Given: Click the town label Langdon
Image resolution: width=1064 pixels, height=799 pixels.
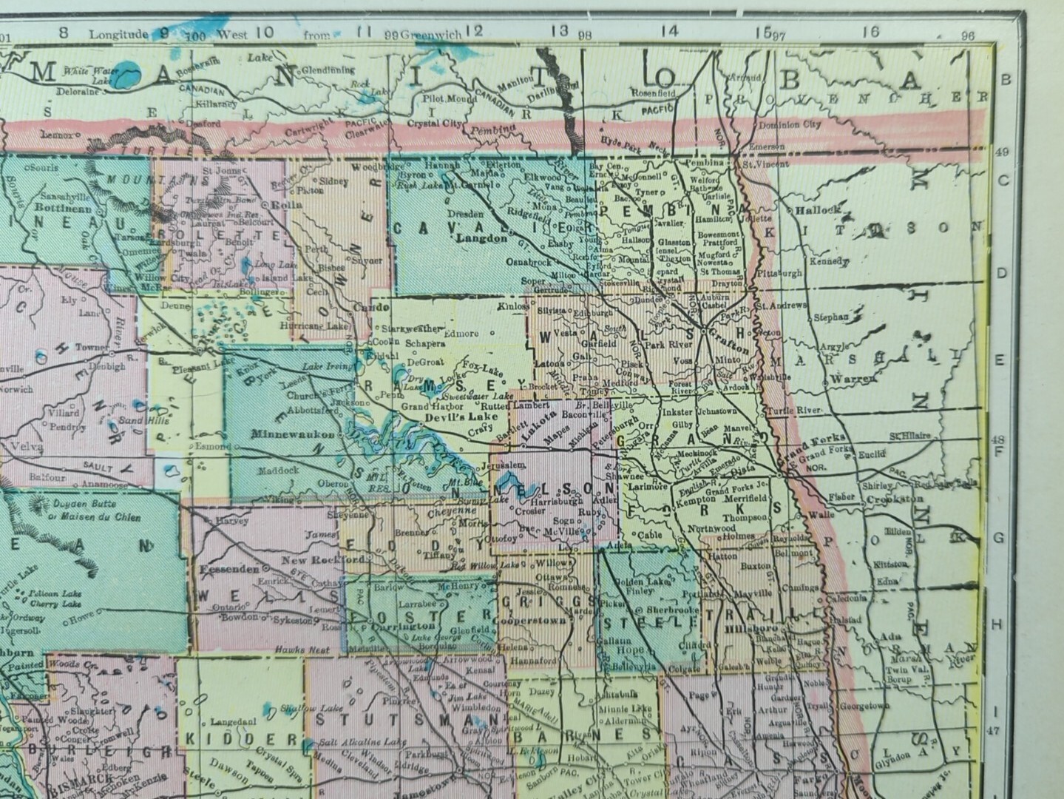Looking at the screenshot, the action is coord(483,238).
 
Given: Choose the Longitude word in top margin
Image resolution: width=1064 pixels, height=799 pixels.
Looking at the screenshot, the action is coord(118,34).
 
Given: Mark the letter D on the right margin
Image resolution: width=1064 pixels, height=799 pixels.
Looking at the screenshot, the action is coord(1003,273).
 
